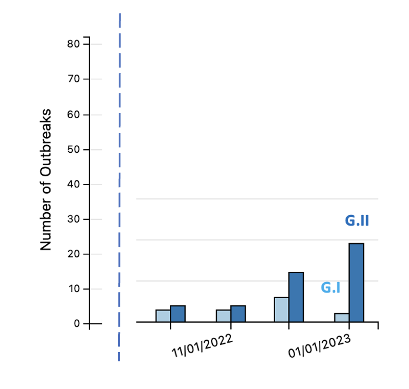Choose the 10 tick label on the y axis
coord(75,289)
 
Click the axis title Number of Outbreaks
coord(46,180)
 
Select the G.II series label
coord(357,221)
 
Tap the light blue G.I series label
coord(331,288)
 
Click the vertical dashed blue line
coord(119,188)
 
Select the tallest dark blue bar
coord(357,283)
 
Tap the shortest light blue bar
coord(342,318)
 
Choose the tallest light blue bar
coord(281,310)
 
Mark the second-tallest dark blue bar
coord(296,297)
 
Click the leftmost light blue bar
coord(163,316)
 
